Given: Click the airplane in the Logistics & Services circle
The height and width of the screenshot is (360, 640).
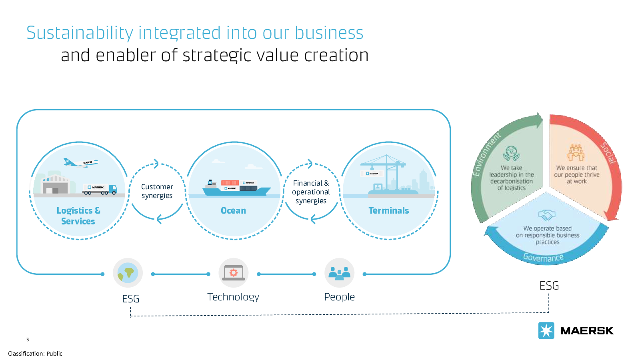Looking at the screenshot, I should click(x=80, y=162).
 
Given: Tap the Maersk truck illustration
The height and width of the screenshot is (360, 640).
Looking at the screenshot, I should click(x=100, y=189).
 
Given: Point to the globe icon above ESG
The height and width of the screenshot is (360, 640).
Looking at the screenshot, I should click(x=128, y=273).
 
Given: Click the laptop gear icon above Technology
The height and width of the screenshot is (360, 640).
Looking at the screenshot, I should click(x=234, y=273).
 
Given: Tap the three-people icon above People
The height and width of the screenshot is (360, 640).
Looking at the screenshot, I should click(x=339, y=273).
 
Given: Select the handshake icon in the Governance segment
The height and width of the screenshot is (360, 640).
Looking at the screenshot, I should click(x=547, y=215).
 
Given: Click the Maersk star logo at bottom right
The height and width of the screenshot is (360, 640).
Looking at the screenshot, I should click(x=546, y=331).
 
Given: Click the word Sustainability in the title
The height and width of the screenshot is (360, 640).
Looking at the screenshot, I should click(x=80, y=33).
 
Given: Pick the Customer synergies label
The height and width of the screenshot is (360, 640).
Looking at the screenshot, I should click(x=157, y=191).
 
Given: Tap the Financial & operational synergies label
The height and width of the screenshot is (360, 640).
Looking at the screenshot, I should click(x=311, y=192).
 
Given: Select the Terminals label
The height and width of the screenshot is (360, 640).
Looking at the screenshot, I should click(x=388, y=211).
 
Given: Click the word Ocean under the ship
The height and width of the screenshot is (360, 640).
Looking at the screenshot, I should click(x=233, y=211).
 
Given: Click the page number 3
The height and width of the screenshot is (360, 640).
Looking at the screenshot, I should click(x=28, y=340).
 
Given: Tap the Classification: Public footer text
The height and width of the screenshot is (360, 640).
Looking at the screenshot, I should click(x=35, y=354).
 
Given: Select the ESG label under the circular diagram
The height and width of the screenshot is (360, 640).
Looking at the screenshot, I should click(x=549, y=286).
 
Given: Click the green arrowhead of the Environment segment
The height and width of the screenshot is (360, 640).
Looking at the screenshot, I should click(x=540, y=120).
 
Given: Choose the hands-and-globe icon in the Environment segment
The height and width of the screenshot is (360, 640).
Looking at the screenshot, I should click(x=511, y=153).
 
